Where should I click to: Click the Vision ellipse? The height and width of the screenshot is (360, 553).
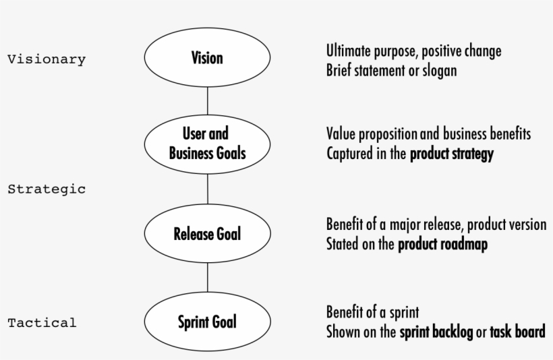207,59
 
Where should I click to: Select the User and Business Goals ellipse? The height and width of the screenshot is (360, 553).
207,144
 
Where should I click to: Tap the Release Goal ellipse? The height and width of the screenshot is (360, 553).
207,234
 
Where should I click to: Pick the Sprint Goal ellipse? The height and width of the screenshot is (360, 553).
207,322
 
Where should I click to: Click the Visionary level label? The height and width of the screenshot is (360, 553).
47,59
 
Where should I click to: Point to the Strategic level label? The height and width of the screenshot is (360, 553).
47,189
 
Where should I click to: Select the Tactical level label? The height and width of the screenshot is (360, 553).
42,322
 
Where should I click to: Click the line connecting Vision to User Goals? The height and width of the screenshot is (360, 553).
207,100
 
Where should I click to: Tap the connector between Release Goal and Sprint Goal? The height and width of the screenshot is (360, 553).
207,278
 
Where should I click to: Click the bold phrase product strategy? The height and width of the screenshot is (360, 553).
452,154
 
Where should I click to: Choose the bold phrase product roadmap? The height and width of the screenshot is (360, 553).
442,244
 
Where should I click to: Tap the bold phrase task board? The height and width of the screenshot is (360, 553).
517,332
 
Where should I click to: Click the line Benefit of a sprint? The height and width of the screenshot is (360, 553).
372,312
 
